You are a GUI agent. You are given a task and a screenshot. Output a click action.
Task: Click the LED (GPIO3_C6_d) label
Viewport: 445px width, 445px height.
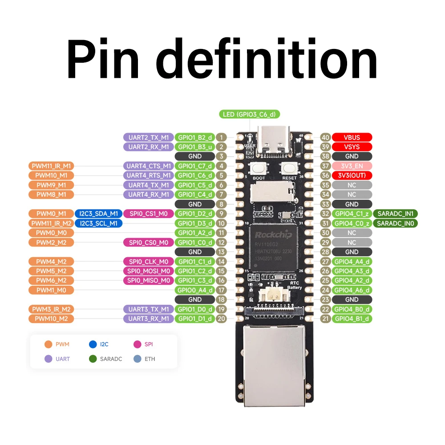pos(250,114)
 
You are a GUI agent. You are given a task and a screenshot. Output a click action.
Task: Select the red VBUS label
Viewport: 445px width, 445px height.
pos(352,138)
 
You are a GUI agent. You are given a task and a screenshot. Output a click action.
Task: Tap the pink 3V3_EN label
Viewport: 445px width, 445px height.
pos(352,166)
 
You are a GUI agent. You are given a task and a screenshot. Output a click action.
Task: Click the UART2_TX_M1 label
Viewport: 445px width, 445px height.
pos(149,138)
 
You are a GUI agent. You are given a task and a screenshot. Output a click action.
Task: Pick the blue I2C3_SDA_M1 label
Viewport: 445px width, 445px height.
pos(98,214)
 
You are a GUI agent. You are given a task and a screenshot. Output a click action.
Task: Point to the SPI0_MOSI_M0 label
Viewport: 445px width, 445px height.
pos(149,271)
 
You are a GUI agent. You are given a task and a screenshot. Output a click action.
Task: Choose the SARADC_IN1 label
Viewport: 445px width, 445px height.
pos(395,214)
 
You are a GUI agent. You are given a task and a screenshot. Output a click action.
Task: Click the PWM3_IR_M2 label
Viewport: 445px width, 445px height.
pos(51,309)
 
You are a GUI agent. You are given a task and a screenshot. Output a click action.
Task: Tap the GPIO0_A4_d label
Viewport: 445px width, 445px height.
pos(195,290)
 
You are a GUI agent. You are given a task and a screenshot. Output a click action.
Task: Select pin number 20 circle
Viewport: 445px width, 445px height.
pos(221,319)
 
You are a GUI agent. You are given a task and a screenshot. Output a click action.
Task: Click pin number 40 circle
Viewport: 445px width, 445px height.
pos(325,138)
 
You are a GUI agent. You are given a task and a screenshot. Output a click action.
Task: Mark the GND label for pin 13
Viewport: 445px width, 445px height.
pos(195,252)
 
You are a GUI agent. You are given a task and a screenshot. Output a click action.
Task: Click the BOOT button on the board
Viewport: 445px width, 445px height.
pos(258,168)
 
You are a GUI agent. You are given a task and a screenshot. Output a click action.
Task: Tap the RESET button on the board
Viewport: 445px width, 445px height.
pos(289,168)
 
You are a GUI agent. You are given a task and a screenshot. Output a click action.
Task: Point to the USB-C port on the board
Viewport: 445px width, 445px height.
pos(273,141)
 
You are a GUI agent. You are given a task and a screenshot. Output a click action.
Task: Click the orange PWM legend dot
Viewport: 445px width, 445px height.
pos(49,344)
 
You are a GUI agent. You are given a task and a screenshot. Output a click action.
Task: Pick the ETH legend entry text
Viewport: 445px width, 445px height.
pos(150,359)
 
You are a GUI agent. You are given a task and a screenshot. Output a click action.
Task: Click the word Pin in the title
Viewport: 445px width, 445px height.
pos(103,59)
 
